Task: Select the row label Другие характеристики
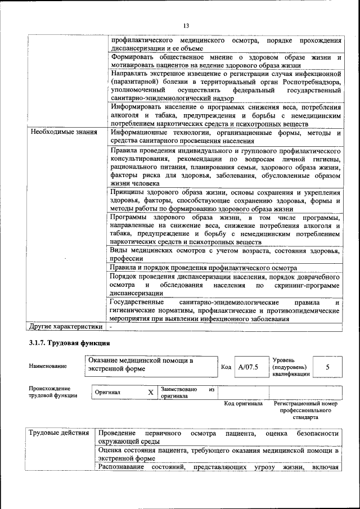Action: pos(66,326)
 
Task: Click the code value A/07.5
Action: pos(247,367)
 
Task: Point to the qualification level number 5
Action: pos(327,367)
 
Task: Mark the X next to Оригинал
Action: pos(150,392)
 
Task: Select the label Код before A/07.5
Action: pos(226,367)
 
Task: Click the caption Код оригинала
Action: pos(243,403)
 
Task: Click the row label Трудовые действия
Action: pos(59,433)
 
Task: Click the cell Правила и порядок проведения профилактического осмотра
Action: pos(204,268)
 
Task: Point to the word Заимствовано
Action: pos(179,389)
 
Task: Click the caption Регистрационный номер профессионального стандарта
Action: pos(305,411)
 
